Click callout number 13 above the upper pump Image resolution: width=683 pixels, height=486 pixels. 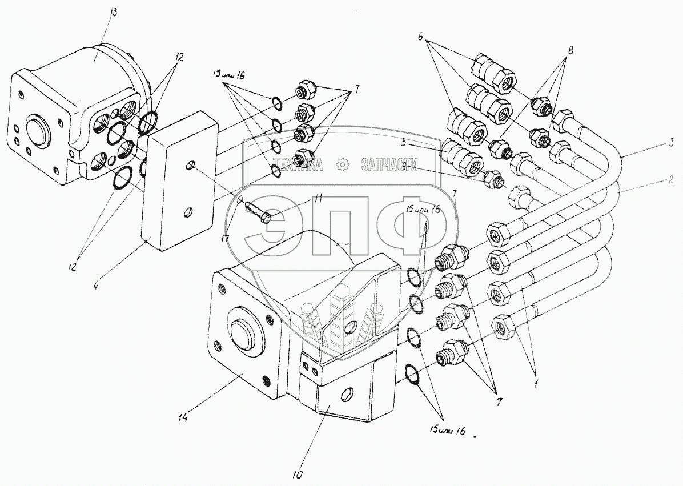(112, 14)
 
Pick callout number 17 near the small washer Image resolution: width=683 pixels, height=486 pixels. (227, 238)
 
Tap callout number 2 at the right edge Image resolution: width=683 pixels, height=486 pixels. (670, 179)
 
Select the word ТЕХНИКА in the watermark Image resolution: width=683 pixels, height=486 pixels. (298, 165)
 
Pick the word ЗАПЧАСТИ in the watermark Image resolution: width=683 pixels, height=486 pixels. (389, 165)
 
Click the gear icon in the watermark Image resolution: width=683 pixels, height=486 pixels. (343, 165)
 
